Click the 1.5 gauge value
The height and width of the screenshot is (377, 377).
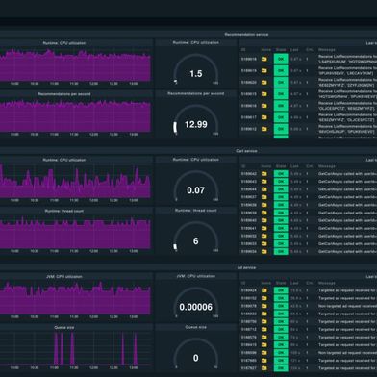pyautogui.click(x=195, y=73)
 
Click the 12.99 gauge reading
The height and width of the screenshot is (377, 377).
pyautogui.click(x=195, y=124)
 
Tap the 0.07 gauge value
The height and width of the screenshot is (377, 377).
pyautogui.click(x=195, y=190)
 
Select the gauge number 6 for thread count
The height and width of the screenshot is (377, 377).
pyautogui.click(x=195, y=241)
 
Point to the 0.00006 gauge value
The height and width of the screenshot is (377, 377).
pyautogui.click(x=195, y=308)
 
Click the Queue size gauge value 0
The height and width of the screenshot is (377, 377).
pyautogui.click(x=195, y=358)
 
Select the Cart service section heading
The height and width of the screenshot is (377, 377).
pyautogui.click(x=252, y=151)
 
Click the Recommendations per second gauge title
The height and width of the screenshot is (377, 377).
pyautogui.click(x=195, y=94)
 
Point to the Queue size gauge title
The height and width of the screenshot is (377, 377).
pyautogui.click(x=195, y=327)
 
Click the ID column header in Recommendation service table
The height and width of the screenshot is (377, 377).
pyautogui.click(x=244, y=45)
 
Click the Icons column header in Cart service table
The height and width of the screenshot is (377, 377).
pyautogui.click(x=264, y=163)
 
